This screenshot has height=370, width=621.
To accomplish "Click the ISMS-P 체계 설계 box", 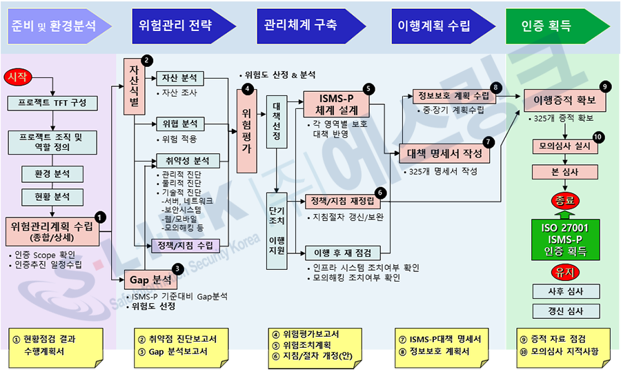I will tap(335, 104).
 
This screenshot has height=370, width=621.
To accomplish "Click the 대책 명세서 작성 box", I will tap(444, 154).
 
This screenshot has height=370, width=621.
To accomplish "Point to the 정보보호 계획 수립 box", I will tap(453, 95).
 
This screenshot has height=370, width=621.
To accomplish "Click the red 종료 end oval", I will tap(564, 202).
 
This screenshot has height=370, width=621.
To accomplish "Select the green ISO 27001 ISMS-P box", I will tap(564, 237).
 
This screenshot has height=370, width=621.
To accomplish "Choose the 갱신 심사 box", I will tap(565, 311).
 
